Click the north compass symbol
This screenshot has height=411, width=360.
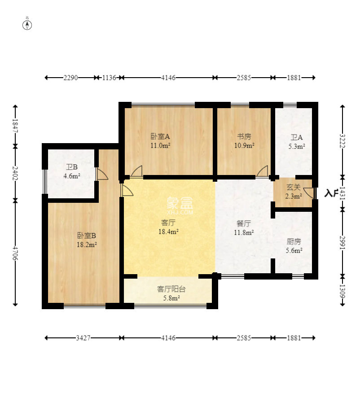click(x=27, y=24)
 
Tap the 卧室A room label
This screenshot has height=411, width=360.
click(x=160, y=136)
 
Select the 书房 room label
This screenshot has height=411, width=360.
click(x=244, y=136)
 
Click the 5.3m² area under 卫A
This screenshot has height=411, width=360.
click(x=297, y=147)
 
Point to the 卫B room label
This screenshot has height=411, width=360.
click(x=71, y=167)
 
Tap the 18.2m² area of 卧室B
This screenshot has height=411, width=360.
click(x=87, y=245)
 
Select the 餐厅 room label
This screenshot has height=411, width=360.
click(x=244, y=223)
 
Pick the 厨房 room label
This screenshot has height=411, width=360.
click(x=294, y=241)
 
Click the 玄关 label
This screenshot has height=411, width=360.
click(x=294, y=187)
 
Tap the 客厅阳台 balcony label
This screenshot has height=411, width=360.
click(x=171, y=289)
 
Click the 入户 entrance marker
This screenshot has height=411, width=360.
click(x=331, y=193)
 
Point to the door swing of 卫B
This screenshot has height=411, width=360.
click(x=102, y=174)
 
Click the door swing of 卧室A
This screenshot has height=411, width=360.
click(x=136, y=171)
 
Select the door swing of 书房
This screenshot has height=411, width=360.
click(x=262, y=171)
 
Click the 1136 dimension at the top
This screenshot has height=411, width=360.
click(x=109, y=78)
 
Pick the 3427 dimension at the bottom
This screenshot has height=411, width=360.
click(x=83, y=338)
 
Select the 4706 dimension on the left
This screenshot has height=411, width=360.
click(x=15, y=253)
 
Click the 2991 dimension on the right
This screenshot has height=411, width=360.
click(x=342, y=243)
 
